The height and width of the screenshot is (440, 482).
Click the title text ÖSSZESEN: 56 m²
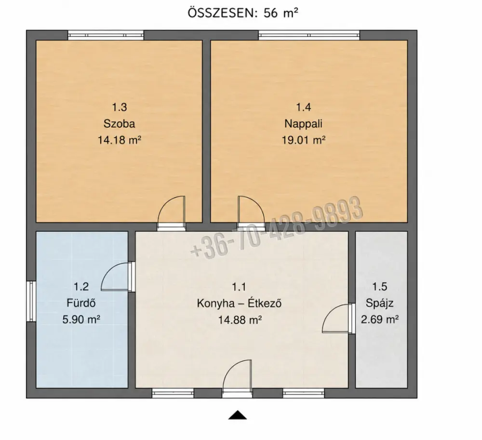243,13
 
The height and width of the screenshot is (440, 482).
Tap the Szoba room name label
119,123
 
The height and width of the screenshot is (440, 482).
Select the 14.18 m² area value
119,140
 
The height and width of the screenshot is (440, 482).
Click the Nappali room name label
303,123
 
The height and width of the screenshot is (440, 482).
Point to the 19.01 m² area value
304,140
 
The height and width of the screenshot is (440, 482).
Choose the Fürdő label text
81,303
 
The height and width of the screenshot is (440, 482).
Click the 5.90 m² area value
81,320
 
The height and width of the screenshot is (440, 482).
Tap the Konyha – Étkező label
239,303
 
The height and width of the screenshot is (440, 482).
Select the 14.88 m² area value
240,320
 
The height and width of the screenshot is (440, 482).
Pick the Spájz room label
380,303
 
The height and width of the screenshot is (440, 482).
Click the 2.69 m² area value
380,320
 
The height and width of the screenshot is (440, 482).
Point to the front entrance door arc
230,367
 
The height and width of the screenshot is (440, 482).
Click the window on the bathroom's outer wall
31,301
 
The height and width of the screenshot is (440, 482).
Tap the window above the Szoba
106,35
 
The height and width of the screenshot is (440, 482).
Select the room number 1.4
303,107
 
